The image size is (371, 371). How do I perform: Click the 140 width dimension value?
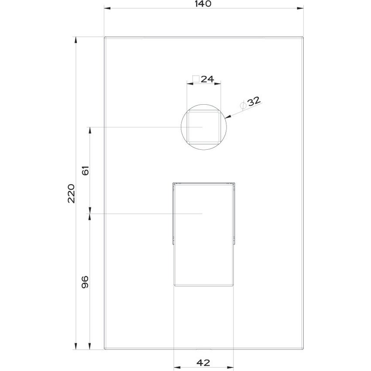coord(203,4)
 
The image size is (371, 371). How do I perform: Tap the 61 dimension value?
coord(86,170)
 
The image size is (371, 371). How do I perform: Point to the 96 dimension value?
coord(86,282)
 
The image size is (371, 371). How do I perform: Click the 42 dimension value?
coord(203,362)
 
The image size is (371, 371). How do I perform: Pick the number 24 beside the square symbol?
coord(207,79)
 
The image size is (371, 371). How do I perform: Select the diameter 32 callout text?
coord(254,102)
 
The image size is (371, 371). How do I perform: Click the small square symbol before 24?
coord(196,79)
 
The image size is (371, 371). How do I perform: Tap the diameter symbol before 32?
coord(244,105)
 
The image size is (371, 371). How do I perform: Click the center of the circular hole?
coord(204,127)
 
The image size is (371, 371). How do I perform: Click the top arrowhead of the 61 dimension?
coord(90,130)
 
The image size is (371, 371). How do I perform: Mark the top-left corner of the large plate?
coord(105,38)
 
